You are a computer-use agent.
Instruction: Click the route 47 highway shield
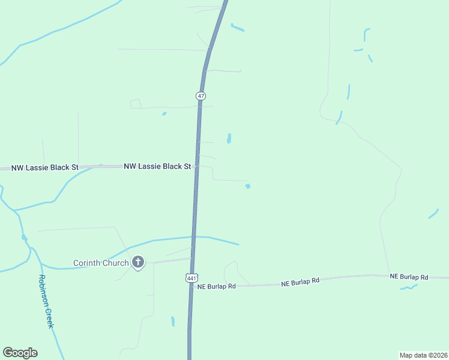tap(200, 96)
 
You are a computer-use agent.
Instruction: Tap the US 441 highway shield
tap(191, 278)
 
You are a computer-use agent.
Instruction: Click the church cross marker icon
tap(138, 262)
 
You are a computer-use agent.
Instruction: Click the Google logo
tap(20, 353)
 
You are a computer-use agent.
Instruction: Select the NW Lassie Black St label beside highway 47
tap(157, 166)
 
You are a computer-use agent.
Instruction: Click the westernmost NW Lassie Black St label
tap(44, 168)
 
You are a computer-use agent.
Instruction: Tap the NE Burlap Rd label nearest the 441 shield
tap(216, 287)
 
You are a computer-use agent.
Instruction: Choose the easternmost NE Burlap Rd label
tap(409, 277)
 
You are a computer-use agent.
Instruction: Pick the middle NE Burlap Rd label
tap(300, 280)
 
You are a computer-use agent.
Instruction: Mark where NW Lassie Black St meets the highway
tap(196, 166)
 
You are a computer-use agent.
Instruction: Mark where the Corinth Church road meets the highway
tap(192, 259)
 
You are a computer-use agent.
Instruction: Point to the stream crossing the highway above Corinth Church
tap(193, 237)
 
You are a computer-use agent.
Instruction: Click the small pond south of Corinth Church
tap(173, 321)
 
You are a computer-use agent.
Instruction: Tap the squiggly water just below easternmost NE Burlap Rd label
tap(409, 287)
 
